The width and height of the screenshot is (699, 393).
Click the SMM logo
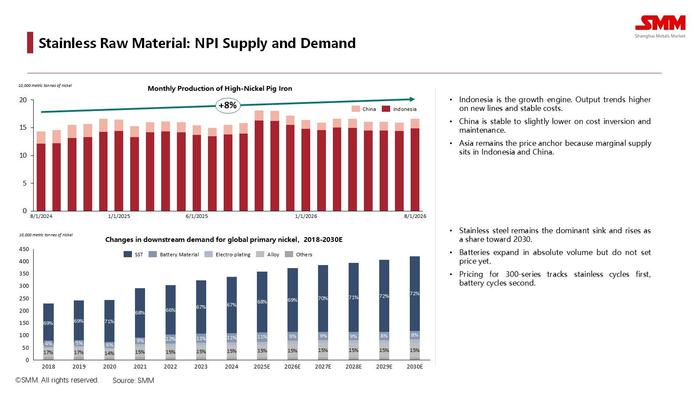[660, 26]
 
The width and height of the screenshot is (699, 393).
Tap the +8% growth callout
[228, 105]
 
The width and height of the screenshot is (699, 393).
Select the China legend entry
[364, 109]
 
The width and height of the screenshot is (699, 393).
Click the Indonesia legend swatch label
[405, 109]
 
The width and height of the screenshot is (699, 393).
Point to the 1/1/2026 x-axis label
[306, 216]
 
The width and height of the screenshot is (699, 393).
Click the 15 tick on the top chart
[23, 128]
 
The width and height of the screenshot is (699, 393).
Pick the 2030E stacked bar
[415, 308]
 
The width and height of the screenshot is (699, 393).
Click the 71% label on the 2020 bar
[109, 321]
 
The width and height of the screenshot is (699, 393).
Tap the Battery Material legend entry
[174, 255]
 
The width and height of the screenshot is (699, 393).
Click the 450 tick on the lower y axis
[24, 249]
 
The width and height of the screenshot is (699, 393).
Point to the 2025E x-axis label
[262, 367]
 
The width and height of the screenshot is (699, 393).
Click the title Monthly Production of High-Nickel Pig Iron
[220, 89]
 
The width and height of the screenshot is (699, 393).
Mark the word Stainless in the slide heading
[67, 43]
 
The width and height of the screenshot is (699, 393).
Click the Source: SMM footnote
[133, 380]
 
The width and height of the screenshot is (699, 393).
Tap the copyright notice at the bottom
[57, 380]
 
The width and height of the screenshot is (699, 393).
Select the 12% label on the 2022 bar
[170, 339]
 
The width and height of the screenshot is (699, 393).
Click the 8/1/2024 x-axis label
[41, 216]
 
